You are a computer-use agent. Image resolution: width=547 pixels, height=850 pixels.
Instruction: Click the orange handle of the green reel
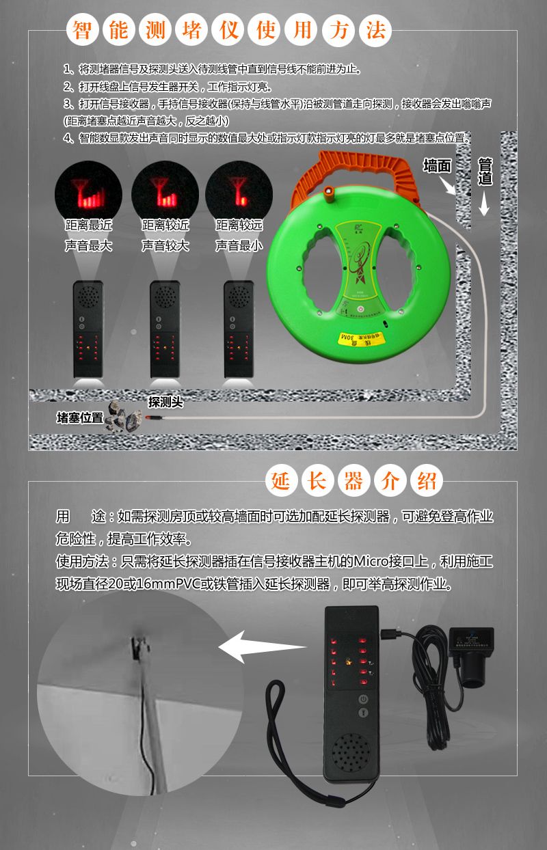(362, 167)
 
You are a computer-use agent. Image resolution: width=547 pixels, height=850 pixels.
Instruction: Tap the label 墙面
(437, 166)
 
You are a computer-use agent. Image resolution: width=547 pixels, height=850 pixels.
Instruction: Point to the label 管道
(485, 172)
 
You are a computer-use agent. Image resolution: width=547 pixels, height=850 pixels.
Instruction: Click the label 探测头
(165, 402)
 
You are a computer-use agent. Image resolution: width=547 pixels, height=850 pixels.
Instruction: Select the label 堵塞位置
(79, 417)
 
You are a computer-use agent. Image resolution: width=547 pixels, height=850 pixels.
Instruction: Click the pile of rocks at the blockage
(124, 417)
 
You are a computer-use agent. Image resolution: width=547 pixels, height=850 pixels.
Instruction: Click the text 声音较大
(165, 245)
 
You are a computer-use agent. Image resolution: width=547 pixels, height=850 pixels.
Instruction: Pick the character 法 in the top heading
(373, 30)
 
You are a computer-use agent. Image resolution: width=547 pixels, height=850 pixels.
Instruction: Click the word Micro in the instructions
(369, 562)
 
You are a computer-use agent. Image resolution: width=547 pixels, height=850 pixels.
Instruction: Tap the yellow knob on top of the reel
(330, 193)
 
